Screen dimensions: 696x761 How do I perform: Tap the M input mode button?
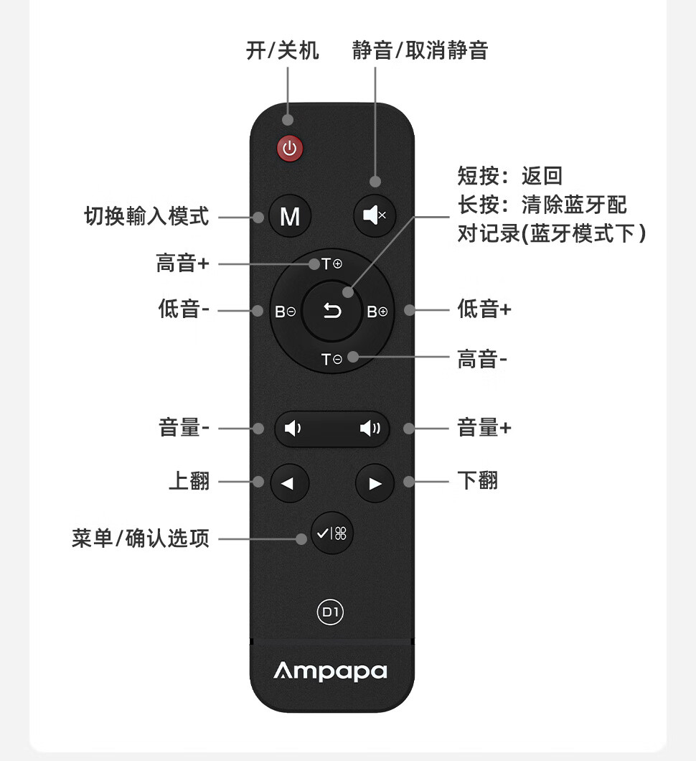290,216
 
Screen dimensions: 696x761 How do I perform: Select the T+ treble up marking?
331,264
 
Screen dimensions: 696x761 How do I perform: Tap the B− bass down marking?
285,312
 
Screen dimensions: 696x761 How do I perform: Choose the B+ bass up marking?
377,312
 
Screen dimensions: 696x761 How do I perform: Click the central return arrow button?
331,311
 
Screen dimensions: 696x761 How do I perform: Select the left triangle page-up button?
289,483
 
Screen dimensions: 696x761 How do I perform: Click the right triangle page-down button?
375,483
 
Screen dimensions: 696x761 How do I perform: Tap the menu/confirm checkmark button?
331,533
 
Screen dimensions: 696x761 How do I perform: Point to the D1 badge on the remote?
331,612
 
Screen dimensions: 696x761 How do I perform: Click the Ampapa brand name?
331,671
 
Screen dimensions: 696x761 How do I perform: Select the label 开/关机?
282,51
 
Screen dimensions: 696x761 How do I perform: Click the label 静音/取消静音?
420,51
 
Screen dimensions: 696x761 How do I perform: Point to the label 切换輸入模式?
147,216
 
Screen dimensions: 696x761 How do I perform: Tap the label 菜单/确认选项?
141,538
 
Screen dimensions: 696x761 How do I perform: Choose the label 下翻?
478,480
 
